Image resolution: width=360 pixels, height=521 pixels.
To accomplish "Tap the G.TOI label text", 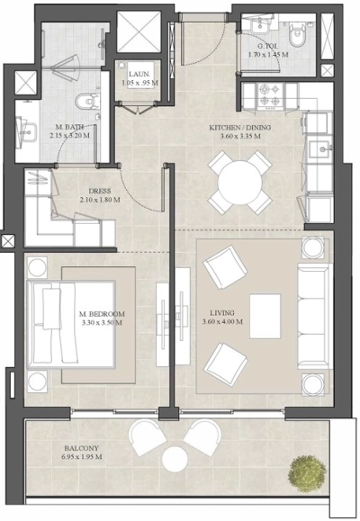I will click(x=267, y=45).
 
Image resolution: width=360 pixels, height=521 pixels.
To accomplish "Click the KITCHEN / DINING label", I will click(x=239, y=128).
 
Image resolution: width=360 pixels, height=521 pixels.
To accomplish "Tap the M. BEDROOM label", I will click(x=101, y=313).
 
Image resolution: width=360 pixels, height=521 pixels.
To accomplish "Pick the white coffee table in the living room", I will click(x=265, y=312).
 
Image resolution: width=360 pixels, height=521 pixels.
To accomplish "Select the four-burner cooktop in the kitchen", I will click(x=270, y=93).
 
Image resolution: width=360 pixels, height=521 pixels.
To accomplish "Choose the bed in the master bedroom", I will click(x=69, y=322).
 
